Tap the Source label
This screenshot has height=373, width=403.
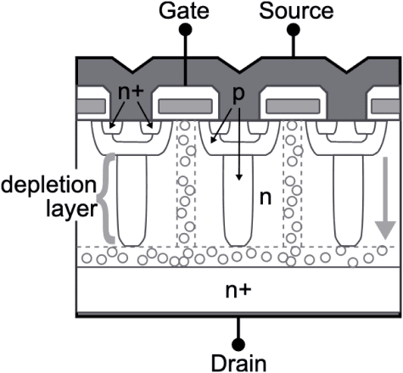(x=294, y=11)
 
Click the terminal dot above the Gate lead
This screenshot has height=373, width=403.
(x=188, y=31)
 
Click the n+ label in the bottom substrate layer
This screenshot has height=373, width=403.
(x=238, y=292)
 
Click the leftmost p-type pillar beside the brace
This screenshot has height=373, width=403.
(x=131, y=203)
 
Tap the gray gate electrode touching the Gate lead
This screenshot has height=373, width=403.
(x=184, y=106)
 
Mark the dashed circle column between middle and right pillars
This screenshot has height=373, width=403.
(x=294, y=191)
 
